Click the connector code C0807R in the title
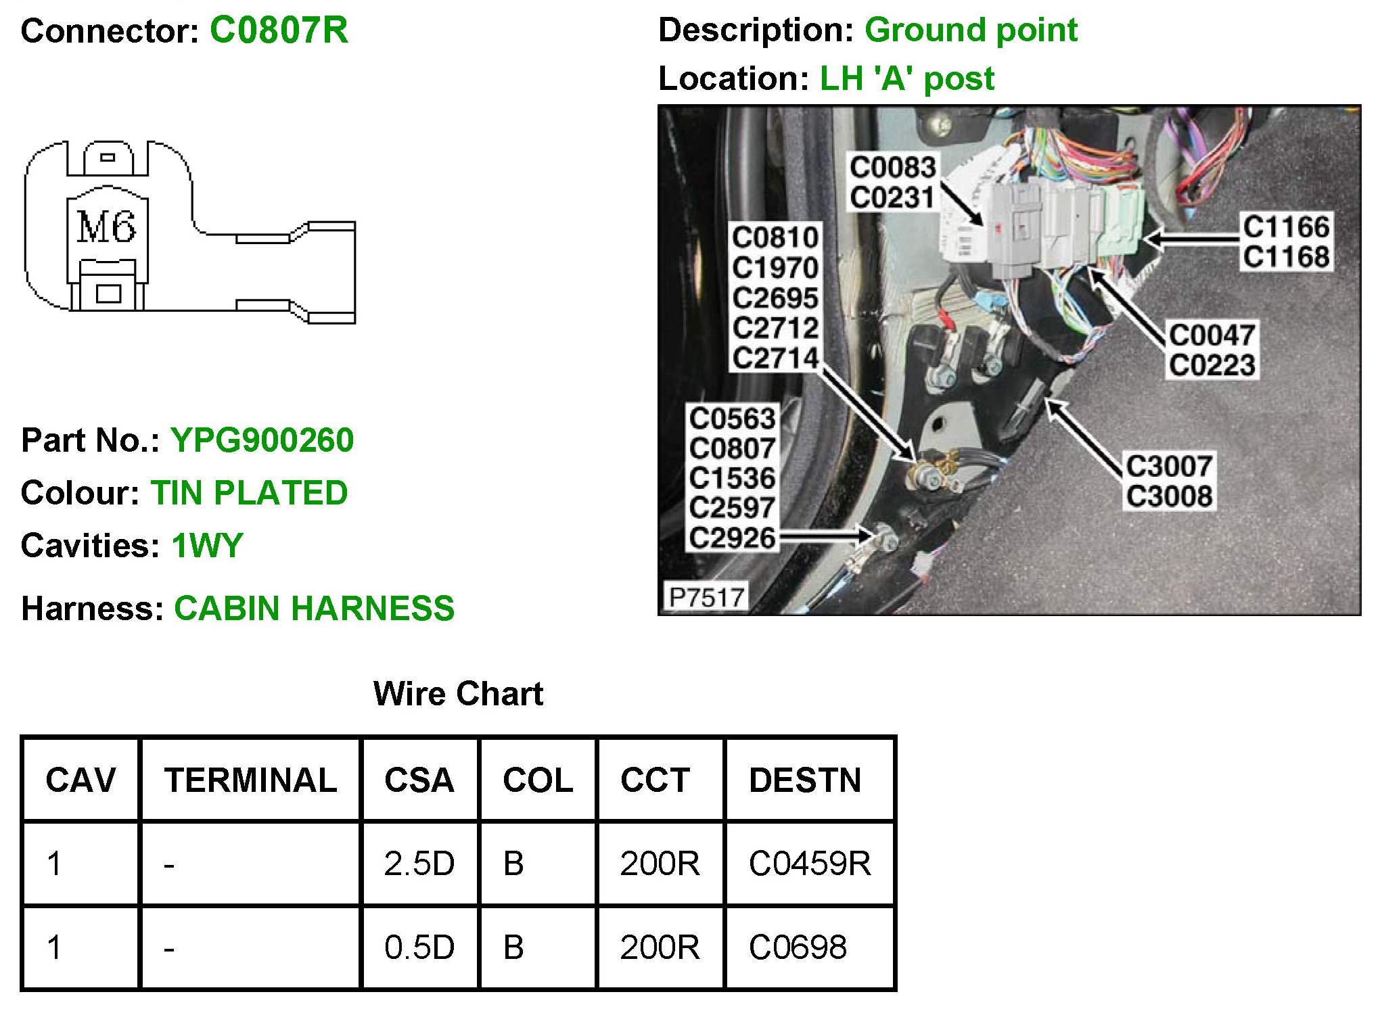pyautogui.click(x=279, y=30)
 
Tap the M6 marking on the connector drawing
pyautogui.click(x=106, y=227)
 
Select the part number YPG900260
pyautogui.click(x=262, y=440)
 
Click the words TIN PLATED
pyautogui.click(x=249, y=493)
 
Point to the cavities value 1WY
pyautogui.click(x=207, y=546)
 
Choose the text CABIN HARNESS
pyautogui.click(x=314, y=609)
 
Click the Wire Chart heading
pyautogui.click(x=458, y=694)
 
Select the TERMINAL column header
pyautogui.click(x=250, y=780)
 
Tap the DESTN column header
pyautogui.click(x=805, y=780)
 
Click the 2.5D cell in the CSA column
pyautogui.click(x=419, y=864)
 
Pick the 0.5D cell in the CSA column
pyautogui.click(x=419, y=947)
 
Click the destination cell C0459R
pyautogui.click(x=810, y=864)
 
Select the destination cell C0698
pyautogui.click(x=798, y=947)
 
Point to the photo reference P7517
pyautogui.click(x=706, y=598)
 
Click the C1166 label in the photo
pyautogui.click(x=1286, y=227)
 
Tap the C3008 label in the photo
pyautogui.click(x=1169, y=496)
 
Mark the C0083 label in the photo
pyautogui.click(x=892, y=167)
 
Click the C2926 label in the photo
pyautogui.click(x=732, y=538)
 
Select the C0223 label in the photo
pyautogui.click(x=1212, y=365)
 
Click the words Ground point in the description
pyautogui.click(x=971, y=30)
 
